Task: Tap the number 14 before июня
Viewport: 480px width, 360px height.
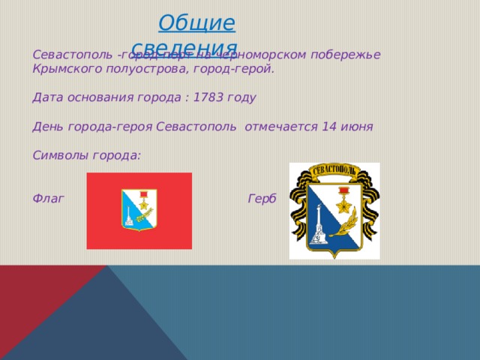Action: pos(328,127)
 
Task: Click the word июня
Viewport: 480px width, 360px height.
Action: pos(357,127)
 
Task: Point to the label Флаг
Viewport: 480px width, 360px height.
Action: pos(49,199)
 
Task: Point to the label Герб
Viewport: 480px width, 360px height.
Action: pos(262,199)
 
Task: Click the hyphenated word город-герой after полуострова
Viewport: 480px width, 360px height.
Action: pos(237,70)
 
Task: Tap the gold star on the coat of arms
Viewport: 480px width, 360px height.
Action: pos(344,202)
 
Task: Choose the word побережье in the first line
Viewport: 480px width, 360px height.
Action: pos(346,55)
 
